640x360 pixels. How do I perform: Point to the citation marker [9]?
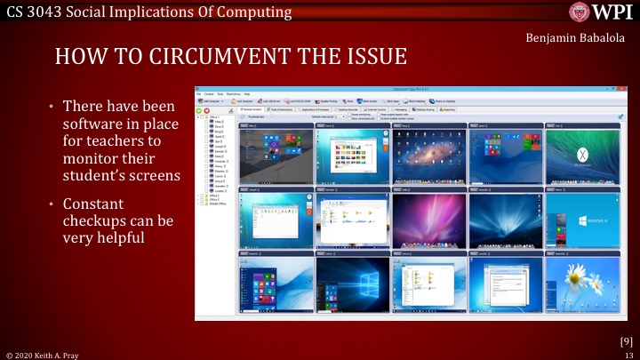click(626, 341)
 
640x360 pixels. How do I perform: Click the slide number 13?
click(628, 354)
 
